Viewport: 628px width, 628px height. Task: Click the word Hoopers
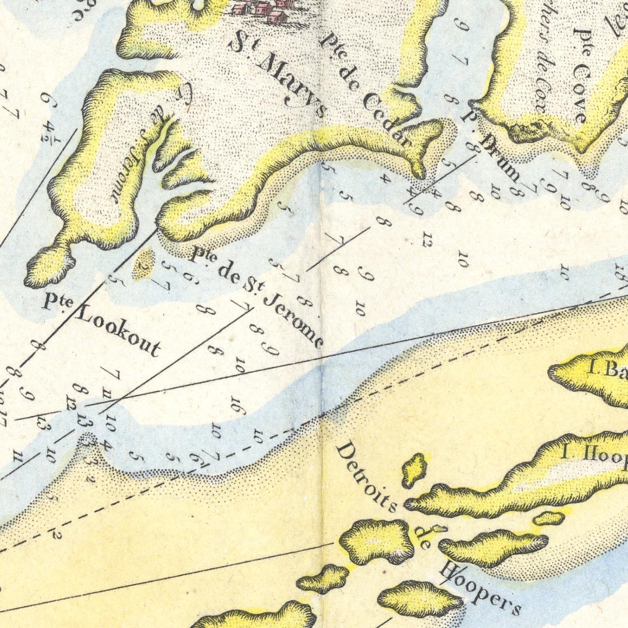[x=481, y=588]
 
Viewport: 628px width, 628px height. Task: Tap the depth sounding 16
[x=237, y=406]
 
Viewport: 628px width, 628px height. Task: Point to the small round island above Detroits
[x=414, y=469]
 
